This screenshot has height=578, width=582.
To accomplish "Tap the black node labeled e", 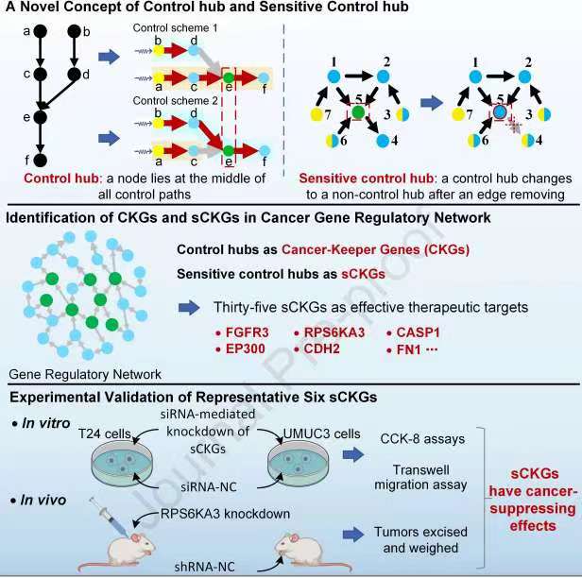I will [x=40, y=117].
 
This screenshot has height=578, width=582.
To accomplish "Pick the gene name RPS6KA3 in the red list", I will [x=330, y=333].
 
